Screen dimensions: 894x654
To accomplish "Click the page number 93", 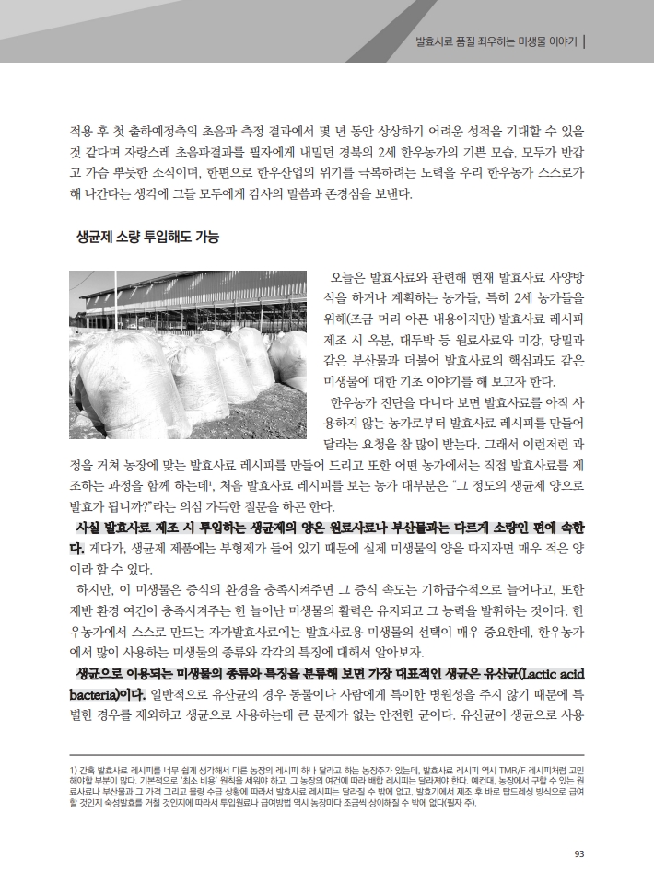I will pyautogui.click(x=578, y=853).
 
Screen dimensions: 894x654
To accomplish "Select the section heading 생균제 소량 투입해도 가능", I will pyautogui.click(x=147, y=237).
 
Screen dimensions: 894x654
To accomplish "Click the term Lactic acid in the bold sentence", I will pyautogui.click(x=543, y=673).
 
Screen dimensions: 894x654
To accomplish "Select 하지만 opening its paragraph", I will pyautogui.click(x=97, y=589).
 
